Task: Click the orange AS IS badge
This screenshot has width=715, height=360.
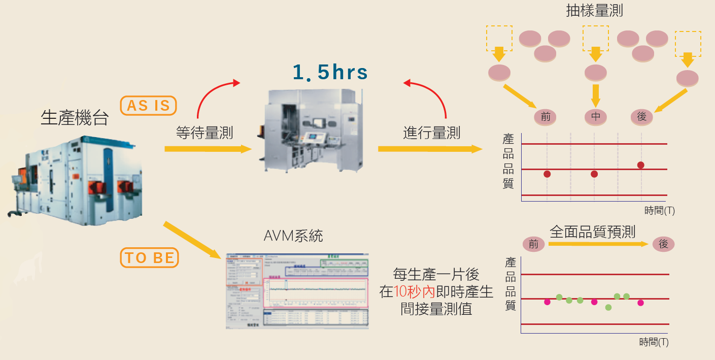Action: click(148, 106)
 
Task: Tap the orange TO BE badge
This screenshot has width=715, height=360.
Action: click(149, 257)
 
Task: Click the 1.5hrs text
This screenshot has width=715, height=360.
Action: click(330, 73)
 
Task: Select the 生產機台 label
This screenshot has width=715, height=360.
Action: click(75, 118)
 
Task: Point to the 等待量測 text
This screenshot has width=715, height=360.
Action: click(205, 133)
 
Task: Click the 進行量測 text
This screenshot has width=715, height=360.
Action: click(432, 133)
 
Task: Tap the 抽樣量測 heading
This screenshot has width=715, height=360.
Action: click(594, 11)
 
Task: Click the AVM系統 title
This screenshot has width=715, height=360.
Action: click(293, 236)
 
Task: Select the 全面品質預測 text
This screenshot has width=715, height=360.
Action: click(592, 232)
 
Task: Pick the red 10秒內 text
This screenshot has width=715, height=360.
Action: click(415, 291)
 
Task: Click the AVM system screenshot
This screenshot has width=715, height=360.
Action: click(297, 291)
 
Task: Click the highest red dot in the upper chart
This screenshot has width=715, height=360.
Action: click(640, 165)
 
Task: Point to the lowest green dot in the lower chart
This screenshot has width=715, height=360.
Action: click(608, 307)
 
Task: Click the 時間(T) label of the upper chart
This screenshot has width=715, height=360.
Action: click(660, 210)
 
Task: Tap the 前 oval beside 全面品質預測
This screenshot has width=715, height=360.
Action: click(533, 244)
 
